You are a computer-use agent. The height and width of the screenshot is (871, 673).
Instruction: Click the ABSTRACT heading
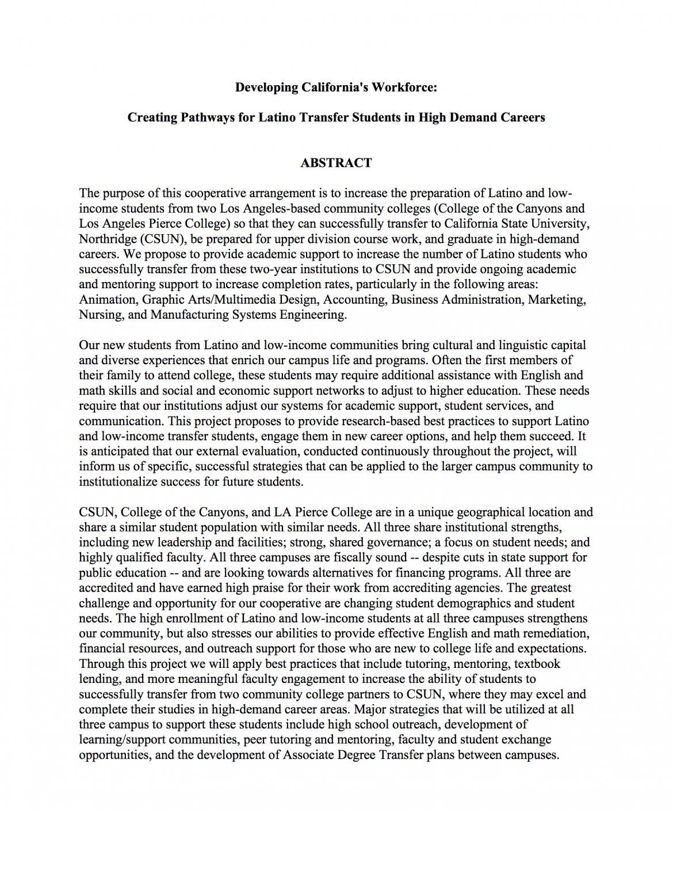(x=336, y=163)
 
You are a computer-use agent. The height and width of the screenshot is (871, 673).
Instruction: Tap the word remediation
(x=555, y=633)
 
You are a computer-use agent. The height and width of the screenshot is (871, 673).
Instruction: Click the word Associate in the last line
(x=309, y=755)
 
